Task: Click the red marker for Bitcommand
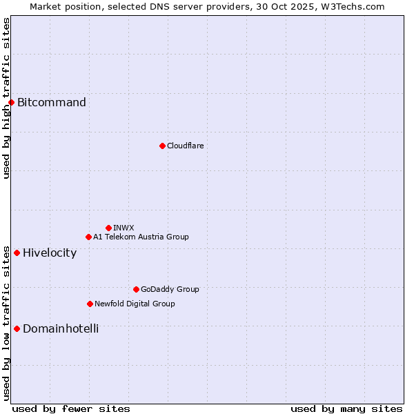point(11,102)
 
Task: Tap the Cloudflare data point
point(162,146)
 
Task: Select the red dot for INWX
point(108,228)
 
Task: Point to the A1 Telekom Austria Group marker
point(88,237)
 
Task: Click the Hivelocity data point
point(17,253)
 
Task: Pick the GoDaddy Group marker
point(136,289)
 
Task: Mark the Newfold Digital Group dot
point(90,304)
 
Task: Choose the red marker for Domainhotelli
point(17,328)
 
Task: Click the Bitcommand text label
point(52,103)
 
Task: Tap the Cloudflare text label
point(185,146)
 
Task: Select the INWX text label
point(124,228)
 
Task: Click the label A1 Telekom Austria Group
point(141,237)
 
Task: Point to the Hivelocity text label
point(50,253)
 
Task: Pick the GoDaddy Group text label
point(170,289)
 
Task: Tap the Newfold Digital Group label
point(135,304)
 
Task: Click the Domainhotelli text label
point(61,328)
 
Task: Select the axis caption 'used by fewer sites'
point(71,408)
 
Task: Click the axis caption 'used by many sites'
point(346,408)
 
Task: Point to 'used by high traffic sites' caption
point(6,98)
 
